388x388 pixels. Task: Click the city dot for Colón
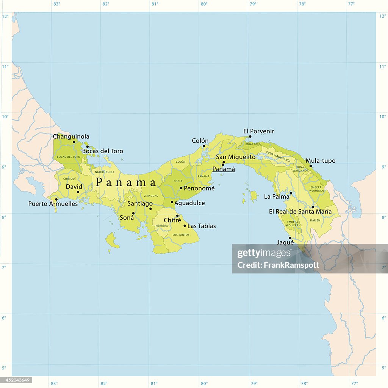pyautogui.click(x=203, y=146)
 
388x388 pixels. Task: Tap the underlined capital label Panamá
pyautogui.click(x=224, y=169)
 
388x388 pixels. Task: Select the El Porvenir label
pyautogui.click(x=258, y=131)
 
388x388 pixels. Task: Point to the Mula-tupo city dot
pyautogui.click(x=311, y=166)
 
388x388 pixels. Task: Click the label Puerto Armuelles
pyautogui.click(x=53, y=204)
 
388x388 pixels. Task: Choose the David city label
pyautogui.click(x=74, y=187)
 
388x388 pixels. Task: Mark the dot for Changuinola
pyautogui.click(x=74, y=142)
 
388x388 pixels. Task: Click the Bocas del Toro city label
pyautogui.click(x=102, y=151)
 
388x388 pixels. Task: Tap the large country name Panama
pyautogui.click(x=126, y=182)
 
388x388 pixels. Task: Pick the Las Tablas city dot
pyautogui.click(x=185, y=226)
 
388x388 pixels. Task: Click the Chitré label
pyautogui.click(x=172, y=220)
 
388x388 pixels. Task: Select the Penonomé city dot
pyautogui.click(x=181, y=188)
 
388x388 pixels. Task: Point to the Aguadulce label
pyautogui.click(x=189, y=203)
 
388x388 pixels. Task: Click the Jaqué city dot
pyautogui.click(x=290, y=238)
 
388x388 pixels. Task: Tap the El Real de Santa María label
pyautogui.click(x=300, y=211)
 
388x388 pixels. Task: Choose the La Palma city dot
pyautogui.click(x=291, y=193)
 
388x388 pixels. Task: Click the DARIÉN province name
pyautogui.click(x=315, y=220)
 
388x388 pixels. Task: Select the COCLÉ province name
pyautogui.click(x=178, y=181)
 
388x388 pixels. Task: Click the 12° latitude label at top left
pyautogui.click(x=5, y=16)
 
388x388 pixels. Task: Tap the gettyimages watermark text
pyautogui.click(x=259, y=253)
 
